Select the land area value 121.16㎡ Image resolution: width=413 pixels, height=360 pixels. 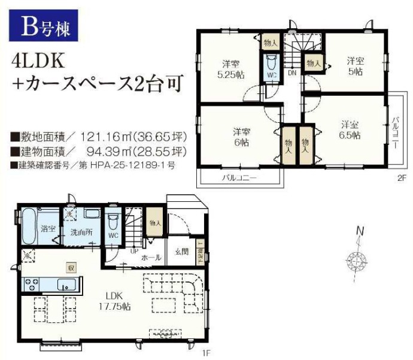point(100,137)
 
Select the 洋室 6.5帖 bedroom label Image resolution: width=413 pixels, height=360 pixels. point(351,130)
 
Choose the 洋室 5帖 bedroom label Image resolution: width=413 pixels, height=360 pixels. point(355,65)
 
